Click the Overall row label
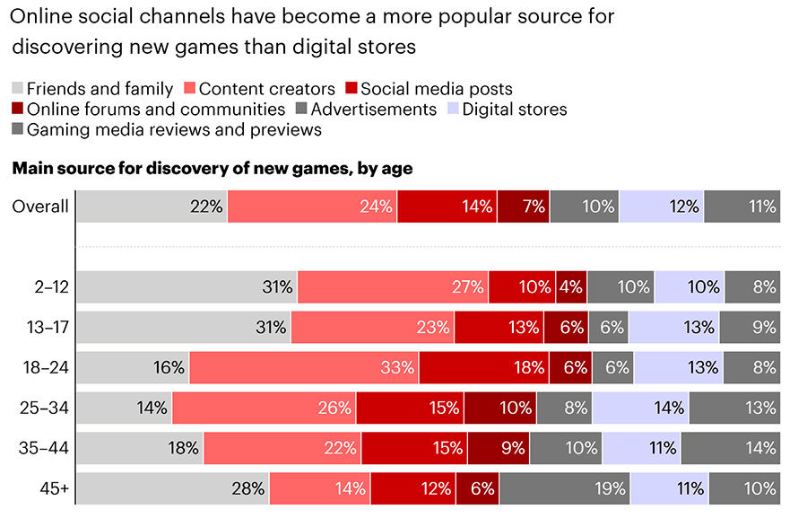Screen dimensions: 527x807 click(40, 206)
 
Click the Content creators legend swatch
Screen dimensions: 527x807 click(188, 89)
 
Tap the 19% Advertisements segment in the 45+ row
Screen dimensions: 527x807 click(564, 489)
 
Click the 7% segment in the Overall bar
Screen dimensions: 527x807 click(524, 206)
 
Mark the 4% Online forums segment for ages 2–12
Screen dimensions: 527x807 click(571, 287)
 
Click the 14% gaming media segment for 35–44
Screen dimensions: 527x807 click(730, 448)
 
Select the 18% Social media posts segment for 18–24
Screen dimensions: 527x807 click(484, 367)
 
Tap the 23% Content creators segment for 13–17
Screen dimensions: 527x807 click(372, 328)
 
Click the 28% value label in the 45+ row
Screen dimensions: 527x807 click(247, 489)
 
